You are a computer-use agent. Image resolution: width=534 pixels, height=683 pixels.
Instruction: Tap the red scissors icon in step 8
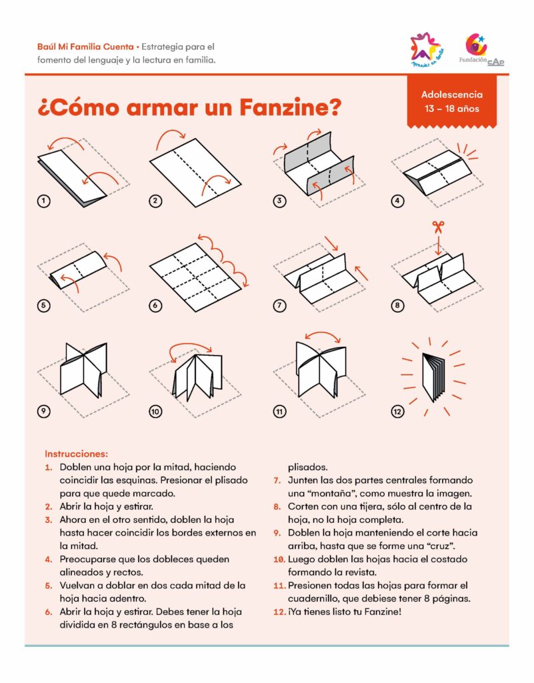tap(438, 227)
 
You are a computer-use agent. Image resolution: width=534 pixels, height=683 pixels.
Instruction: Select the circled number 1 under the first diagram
tap(44, 200)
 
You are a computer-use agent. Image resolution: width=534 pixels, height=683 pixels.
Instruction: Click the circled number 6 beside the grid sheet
tap(155, 305)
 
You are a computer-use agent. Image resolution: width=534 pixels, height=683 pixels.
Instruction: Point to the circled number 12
tap(398, 412)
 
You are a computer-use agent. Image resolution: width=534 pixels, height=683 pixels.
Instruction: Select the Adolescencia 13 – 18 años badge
tap(452, 102)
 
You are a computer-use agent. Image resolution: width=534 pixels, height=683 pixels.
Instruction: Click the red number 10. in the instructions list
tap(279, 558)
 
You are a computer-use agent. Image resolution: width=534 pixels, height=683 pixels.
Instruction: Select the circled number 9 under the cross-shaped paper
tap(44, 412)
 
